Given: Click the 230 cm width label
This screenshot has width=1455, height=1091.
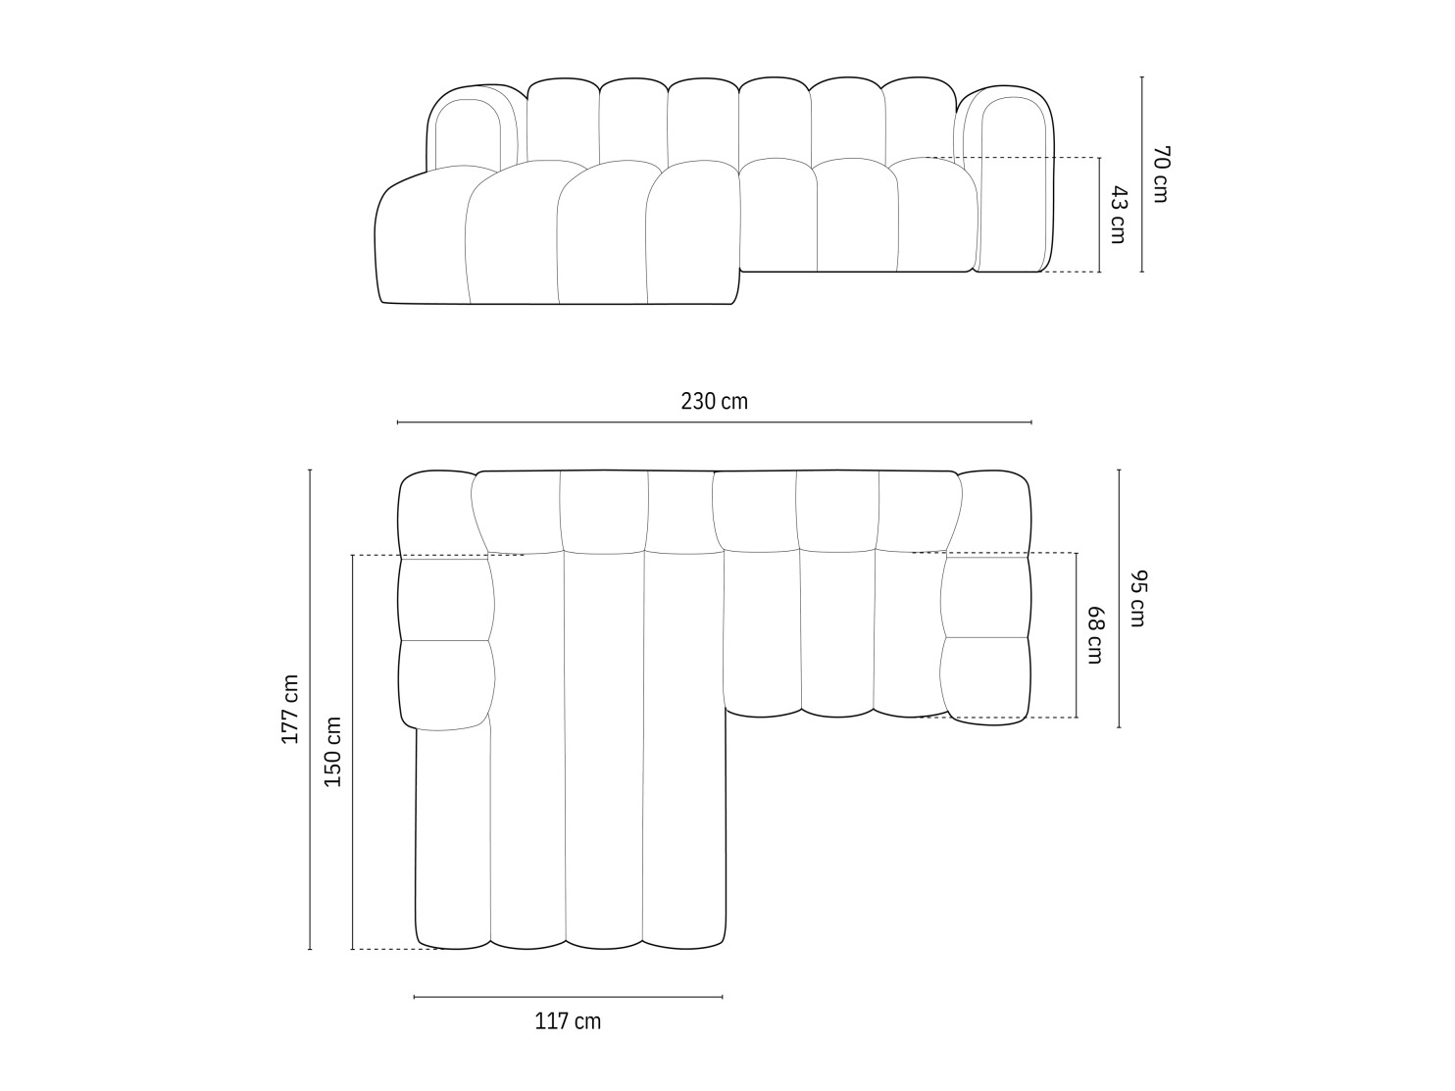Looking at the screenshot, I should click(714, 401).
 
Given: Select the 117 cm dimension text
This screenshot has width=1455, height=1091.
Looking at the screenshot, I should click(568, 1021).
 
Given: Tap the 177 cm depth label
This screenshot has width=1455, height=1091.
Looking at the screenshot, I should click(290, 709).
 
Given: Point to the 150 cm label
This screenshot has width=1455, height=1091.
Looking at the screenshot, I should click(333, 752).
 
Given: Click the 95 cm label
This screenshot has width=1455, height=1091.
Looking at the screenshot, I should click(1136, 598).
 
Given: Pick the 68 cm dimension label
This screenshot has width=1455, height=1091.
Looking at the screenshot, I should click(1094, 635).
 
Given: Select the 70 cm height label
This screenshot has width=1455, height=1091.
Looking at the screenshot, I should click(1160, 174).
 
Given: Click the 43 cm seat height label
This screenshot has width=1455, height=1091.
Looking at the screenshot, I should click(1118, 215).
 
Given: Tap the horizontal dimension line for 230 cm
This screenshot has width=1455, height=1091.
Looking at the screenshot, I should click(714, 422).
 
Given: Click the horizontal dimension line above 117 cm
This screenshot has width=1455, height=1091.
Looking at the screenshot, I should click(568, 997).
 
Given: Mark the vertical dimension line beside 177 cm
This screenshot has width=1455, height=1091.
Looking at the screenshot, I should click(310, 709).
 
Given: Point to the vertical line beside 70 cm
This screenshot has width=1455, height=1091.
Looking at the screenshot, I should click(1142, 174).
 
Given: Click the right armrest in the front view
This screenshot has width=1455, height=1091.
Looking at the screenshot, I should click(1010, 181).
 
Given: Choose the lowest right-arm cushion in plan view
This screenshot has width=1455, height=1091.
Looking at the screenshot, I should click(984, 679).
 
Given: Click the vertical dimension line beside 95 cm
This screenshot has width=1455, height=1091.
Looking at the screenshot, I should click(1119, 598).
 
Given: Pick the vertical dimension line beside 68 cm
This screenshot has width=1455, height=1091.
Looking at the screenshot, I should click(1077, 635).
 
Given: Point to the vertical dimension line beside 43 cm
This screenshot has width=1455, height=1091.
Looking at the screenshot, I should click(1100, 215).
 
